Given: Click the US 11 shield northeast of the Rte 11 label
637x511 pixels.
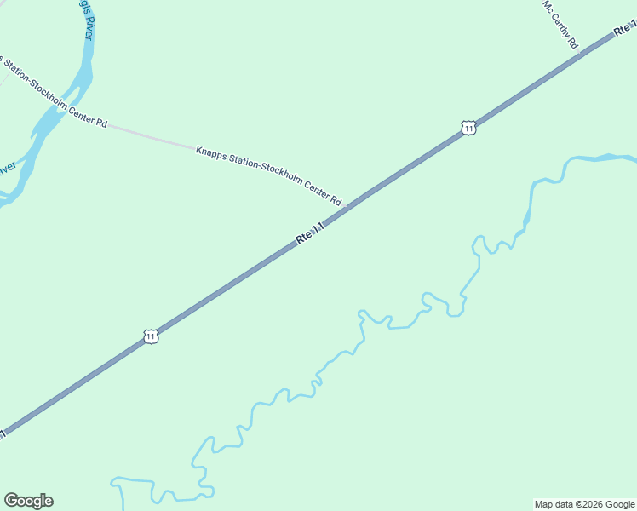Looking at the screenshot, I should click(x=468, y=128).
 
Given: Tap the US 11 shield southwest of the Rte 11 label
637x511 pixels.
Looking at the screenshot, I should click(x=151, y=336).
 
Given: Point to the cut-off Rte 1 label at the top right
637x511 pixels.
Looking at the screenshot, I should click(x=624, y=30).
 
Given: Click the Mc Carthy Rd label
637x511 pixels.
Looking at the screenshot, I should click(x=561, y=24).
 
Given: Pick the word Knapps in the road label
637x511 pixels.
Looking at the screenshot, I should click(x=210, y=153).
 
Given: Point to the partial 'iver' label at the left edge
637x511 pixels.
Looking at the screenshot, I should click(x=8, y=168).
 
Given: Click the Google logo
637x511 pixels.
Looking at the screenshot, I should click(x=28, y=501).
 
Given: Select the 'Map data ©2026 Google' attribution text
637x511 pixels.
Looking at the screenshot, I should click(x=584, y=504).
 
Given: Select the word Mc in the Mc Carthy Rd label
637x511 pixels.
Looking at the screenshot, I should click(x=548, y=6).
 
